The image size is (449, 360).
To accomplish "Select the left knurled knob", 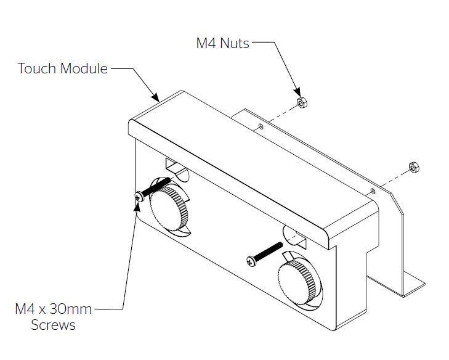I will point(167,208).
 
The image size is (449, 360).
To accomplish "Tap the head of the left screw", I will point(140,197).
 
